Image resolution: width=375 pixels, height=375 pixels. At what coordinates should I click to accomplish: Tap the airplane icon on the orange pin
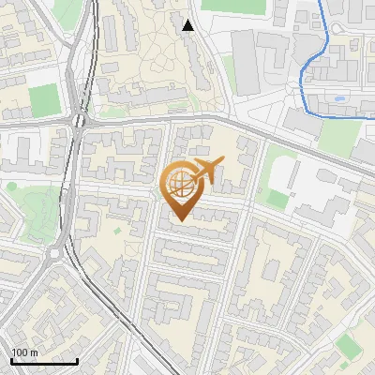[x=204, y=171]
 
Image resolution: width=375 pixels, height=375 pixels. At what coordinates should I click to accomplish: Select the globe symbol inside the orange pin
[x=178, y=184]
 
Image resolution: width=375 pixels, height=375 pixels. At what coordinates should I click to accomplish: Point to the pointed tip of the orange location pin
[x=178, y=219]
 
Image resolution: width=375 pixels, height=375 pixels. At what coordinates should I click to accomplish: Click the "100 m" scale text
[x=24, y=352]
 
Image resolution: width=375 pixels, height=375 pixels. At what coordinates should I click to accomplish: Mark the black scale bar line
[x=44, y=361]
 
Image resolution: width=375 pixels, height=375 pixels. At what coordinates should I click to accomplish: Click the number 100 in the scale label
[x=20, y=352]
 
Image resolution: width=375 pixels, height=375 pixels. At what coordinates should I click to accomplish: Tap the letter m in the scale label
[x=34, y=352]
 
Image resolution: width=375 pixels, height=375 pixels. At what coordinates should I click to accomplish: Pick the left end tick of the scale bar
[x=11, y=359]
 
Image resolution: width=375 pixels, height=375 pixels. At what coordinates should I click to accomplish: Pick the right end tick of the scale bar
[x=77, y=359]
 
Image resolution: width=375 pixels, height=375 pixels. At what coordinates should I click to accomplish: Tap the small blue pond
[x=338, y=97]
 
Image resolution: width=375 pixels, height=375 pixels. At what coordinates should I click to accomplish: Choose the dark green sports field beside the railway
[x=43, y=98]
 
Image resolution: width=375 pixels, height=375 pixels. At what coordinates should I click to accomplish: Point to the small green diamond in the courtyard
[x=117, y=230]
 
